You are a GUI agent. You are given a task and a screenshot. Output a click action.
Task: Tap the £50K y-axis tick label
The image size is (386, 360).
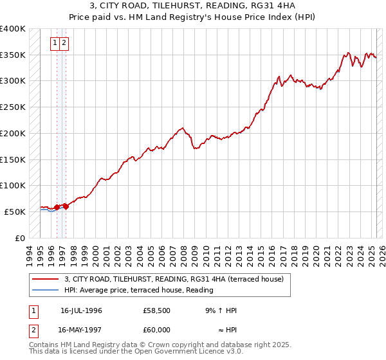coord(15,212)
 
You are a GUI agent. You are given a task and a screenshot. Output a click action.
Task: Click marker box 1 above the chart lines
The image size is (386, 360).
coord(55,44)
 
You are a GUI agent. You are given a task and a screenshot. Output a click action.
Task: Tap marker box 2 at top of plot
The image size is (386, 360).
coord(66,44)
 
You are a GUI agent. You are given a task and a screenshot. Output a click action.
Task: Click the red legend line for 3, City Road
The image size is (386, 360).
coord(45,279)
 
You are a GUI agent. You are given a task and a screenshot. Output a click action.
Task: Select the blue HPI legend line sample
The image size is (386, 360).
coord(45,289)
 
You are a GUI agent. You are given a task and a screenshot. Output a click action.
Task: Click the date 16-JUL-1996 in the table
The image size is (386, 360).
coord(81,310)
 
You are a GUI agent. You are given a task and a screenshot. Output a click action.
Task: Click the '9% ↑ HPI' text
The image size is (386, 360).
coord(221,310)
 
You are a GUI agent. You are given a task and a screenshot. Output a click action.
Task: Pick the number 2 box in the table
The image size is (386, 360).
coord(33,330)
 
